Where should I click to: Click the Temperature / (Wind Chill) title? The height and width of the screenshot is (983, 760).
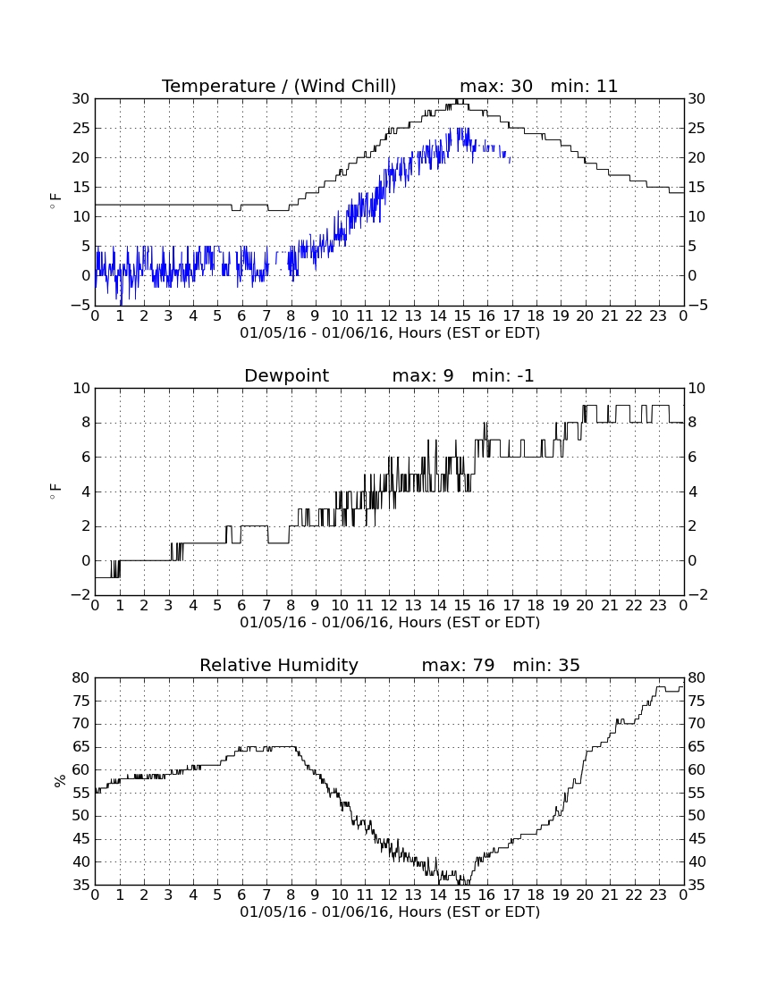(279, 86)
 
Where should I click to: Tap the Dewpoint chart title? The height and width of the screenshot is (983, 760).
(287, 375)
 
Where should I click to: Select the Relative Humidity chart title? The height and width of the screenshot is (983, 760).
(279, 665)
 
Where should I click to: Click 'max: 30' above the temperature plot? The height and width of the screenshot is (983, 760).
(496, 86)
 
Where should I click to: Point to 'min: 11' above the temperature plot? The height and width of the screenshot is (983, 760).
(585, 86)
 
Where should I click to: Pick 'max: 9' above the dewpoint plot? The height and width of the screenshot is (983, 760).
(423, 375)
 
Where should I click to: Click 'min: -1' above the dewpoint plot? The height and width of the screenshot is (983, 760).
(502, 375)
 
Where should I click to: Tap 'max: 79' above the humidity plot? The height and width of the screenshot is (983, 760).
(458, 665)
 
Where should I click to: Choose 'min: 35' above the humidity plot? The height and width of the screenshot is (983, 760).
(546, 665)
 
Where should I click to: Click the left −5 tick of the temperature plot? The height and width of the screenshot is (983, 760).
(80, 306)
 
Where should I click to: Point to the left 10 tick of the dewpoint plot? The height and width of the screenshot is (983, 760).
(82, 389)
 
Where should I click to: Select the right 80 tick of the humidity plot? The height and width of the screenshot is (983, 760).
(697, 678)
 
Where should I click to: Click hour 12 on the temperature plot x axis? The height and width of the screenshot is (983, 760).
(389, 316)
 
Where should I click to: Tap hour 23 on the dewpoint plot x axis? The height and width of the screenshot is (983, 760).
(658, 606)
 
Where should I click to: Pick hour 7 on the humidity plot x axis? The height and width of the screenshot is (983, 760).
(266, 895)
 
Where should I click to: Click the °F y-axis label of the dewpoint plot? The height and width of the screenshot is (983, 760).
(55, 491)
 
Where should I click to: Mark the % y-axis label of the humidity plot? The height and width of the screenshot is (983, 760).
(60, 781)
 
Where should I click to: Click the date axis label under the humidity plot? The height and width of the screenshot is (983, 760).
(390, 912)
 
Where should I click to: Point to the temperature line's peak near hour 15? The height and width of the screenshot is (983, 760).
(460, 100)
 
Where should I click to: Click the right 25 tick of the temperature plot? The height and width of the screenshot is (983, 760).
(697, 129)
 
